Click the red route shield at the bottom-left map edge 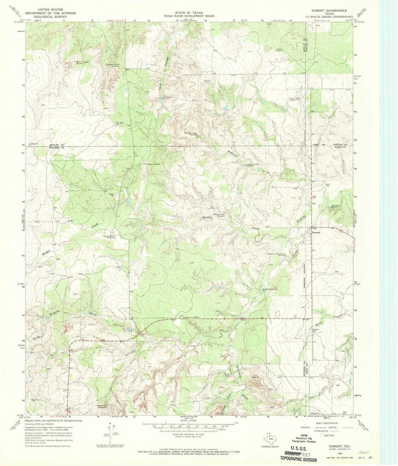[69, 411]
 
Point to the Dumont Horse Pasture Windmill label [277, 254]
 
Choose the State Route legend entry [330, 436]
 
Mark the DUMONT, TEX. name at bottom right [331, 446]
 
